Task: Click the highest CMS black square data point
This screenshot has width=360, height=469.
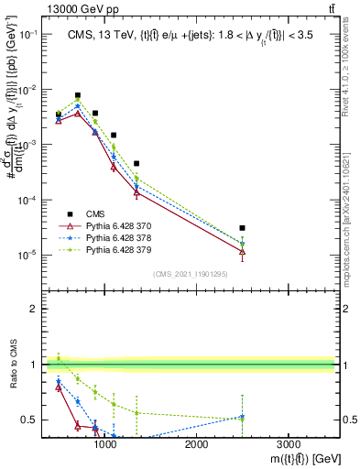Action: coord(78,95)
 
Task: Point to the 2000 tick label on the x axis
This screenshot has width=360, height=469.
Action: coord(196,443)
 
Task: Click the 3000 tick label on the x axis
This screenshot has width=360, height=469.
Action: coord(288,443)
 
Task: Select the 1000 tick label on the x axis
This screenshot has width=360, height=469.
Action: coord(105,443)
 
